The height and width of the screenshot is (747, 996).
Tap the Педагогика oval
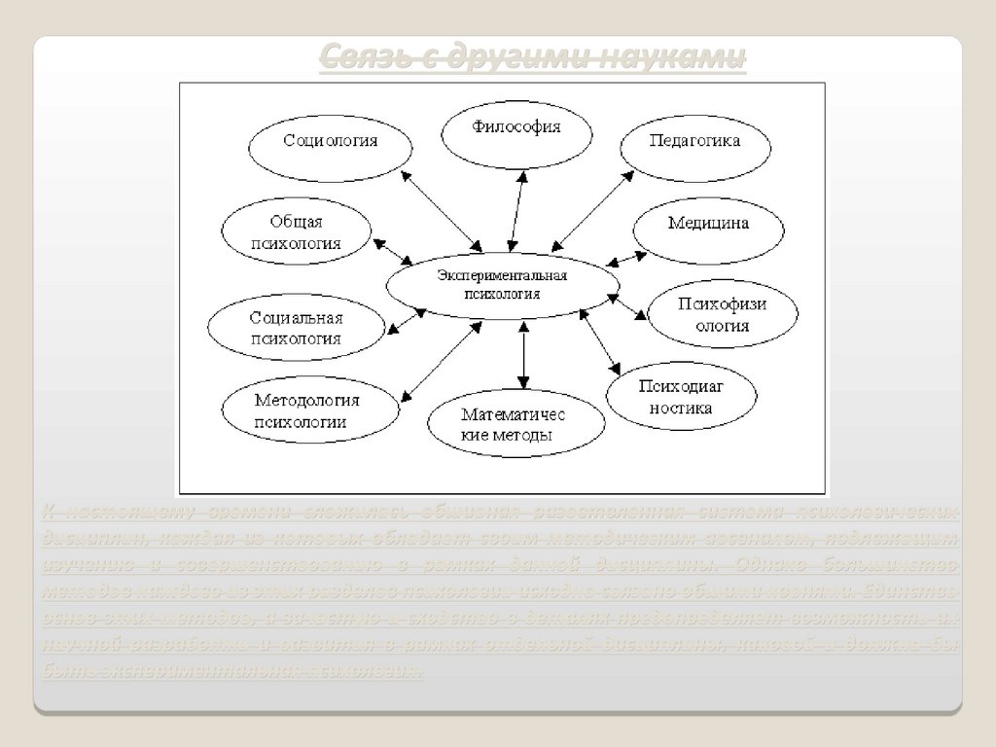(x=694, y=142)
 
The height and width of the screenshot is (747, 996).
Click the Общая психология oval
(x=297, y=233)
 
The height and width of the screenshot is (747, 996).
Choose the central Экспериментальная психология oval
(x=502, y=284)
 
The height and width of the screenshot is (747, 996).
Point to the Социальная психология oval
(x=297, y=328)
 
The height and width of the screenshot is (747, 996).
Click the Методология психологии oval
(x=308, y=411)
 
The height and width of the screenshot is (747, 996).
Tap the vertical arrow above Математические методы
(x=523, y=357)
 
